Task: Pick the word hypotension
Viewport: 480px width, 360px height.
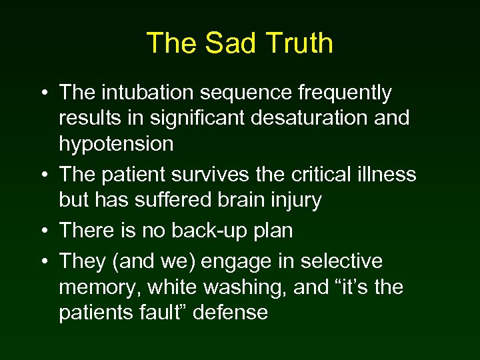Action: coord(116,144)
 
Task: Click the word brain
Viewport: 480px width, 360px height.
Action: coord(231,200)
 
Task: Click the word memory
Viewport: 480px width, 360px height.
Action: coord(100,288)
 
